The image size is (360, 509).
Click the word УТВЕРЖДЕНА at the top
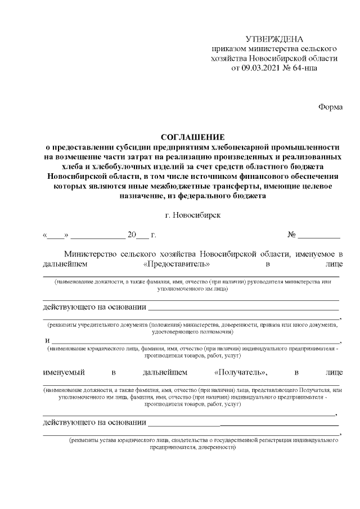click(x=274, y=39)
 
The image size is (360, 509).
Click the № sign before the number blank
click(x=292, y=235)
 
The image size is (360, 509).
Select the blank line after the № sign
click(x=319, y=236)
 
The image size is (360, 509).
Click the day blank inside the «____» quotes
click(x=56, y=236)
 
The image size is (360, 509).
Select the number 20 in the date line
click(x=132, y=235)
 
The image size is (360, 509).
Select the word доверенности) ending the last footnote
click(x=214, y=448)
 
